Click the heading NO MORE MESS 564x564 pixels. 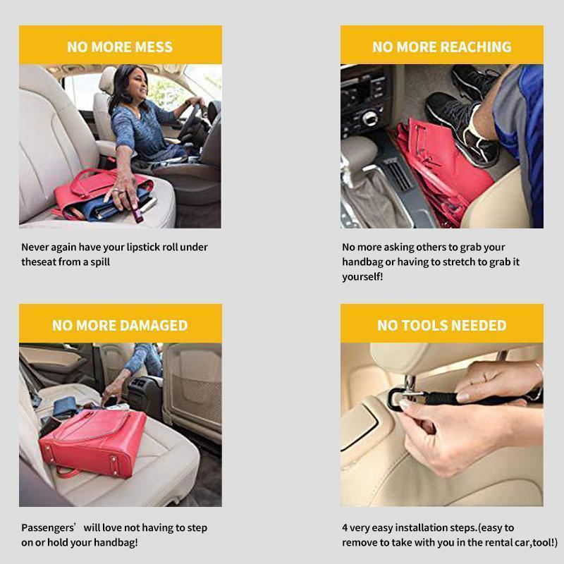[x=120, y=47]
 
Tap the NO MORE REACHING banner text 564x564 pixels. [x=441, y=47]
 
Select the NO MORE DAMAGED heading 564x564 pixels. [x=120, y=326]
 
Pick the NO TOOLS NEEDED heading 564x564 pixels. [x=441, y=326]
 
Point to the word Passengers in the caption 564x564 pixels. [x=48, y=528]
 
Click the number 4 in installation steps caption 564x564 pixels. [x=345, y=528]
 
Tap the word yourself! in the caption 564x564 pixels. [x=362, y=277]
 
